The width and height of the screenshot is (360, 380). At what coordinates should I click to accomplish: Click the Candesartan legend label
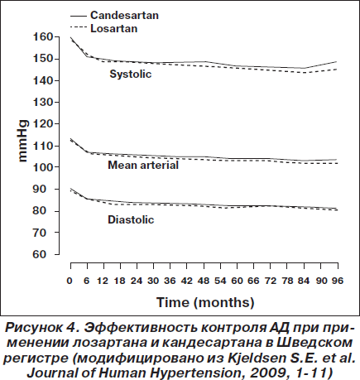124,15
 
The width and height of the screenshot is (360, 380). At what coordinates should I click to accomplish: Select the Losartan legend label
114,29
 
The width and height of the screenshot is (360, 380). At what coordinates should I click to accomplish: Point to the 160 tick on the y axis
43,36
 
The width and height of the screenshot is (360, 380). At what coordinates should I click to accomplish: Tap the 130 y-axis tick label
43,103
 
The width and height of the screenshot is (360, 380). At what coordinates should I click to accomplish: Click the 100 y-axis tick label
43,167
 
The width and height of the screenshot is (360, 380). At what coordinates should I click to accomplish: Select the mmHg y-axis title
22,141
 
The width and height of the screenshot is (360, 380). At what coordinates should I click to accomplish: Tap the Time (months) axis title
205,303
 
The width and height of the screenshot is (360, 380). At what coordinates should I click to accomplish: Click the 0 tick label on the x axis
70,281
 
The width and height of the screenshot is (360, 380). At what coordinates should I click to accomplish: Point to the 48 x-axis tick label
204,281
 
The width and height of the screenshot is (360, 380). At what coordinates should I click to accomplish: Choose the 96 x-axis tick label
338,281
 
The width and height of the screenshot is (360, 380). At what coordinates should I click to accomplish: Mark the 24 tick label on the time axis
137,281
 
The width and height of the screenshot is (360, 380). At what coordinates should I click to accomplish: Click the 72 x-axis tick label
271,281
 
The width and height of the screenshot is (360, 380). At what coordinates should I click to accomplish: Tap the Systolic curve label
131,74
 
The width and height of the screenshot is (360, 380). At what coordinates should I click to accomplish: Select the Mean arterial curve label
143,165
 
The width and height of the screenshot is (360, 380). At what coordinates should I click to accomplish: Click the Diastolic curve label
131,220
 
